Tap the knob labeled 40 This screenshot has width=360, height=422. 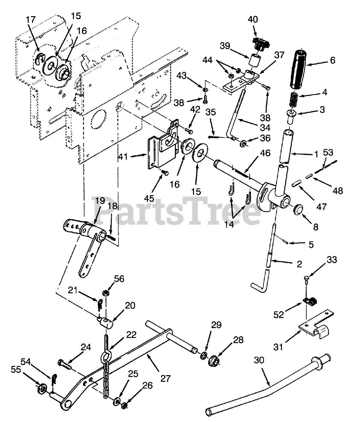coord(260,44)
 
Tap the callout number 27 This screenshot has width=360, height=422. coord(165,378)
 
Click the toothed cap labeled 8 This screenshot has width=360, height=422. coord(299,209)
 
